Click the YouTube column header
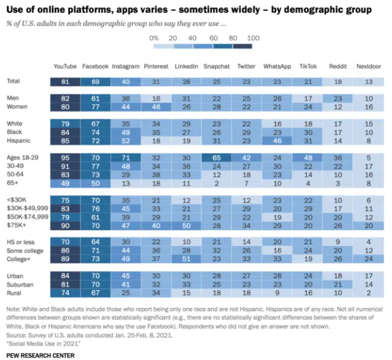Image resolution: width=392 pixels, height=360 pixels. [65, 66]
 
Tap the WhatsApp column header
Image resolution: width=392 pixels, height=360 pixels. [277, 66]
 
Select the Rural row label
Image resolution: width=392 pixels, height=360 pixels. [14, 293]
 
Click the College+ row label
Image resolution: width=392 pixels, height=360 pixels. [19, 261]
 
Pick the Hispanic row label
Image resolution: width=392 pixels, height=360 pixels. [19, 140]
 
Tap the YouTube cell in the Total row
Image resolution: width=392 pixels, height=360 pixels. [65, 81]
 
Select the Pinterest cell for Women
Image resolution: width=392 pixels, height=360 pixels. [156, 108]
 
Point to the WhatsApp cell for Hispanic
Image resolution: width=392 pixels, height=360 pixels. [277, 140]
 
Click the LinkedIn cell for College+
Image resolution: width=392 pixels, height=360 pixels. [186, 261]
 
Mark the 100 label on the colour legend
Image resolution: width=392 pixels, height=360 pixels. [252, 38]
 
